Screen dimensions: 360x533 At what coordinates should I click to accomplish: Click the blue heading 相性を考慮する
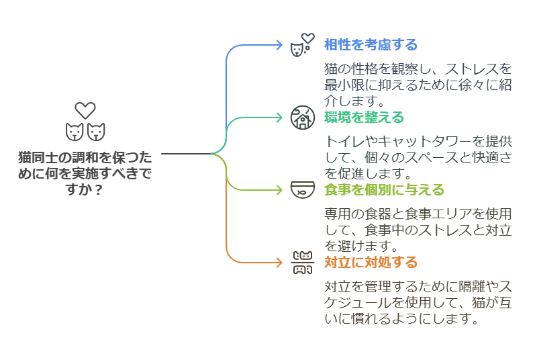(371, 45)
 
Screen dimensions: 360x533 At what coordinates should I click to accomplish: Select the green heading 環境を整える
(364, 118)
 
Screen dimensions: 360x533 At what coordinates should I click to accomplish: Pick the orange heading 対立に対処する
(371, 262)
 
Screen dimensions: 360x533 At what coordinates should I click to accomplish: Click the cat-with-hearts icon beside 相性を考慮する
(301, 46)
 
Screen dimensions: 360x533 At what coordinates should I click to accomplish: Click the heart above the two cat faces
(85, 110)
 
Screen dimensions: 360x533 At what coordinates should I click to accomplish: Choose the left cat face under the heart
(74, 132)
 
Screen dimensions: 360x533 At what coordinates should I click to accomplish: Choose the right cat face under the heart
(97, 132)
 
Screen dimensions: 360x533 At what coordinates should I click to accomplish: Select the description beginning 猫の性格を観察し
(418, 85)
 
